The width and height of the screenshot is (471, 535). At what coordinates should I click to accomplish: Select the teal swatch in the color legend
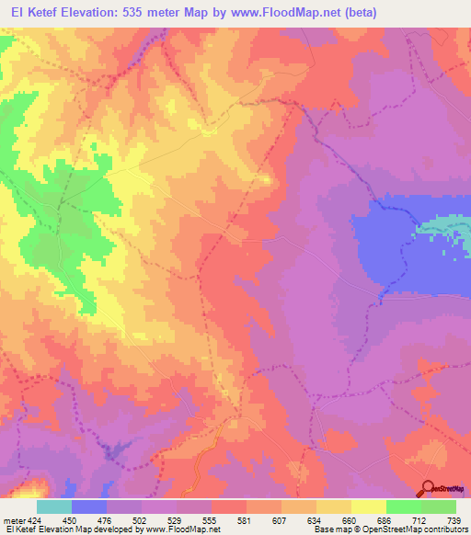click(54, 507)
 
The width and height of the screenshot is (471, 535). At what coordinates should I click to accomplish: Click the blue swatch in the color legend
click(89, 507)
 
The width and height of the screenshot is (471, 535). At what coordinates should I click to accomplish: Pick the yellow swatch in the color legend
click(333, 507)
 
